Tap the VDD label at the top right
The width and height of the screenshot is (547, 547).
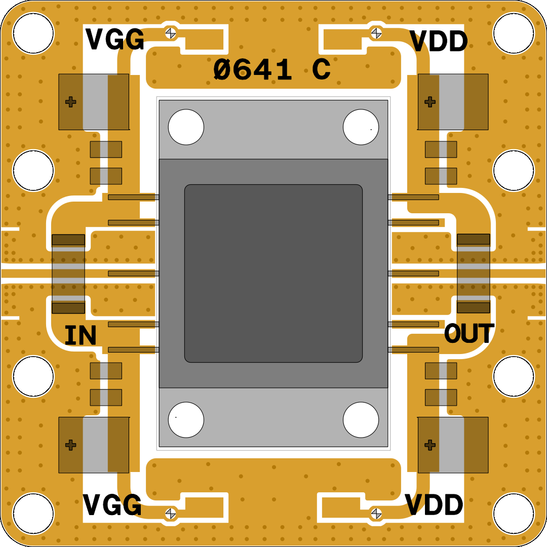(439, 42)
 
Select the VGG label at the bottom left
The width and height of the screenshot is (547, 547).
(112, 504)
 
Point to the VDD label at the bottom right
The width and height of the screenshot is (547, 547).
(435, 504)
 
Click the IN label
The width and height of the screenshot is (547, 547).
(81, 336)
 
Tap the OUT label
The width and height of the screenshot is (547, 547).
(469, 334)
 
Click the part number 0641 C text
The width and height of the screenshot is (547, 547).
(272, 70)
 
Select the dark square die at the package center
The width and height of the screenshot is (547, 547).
(273, 273)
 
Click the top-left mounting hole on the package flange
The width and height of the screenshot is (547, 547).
(186, 127)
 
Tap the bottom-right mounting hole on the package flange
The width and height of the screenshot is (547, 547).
(361, 420)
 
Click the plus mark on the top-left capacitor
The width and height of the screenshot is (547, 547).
(71, 102)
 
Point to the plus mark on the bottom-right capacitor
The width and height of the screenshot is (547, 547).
(430, 445)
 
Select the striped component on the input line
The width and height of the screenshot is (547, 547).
(68, 273)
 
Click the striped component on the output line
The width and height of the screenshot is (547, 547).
(474, 273)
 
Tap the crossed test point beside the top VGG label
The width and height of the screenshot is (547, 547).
(171, 33)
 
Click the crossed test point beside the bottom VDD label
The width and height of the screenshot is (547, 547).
(376, 513)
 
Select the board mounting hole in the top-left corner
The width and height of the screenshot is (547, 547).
(33, 33)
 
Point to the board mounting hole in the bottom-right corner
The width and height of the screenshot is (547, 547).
(514, 514)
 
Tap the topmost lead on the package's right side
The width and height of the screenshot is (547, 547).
(413, 197)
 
